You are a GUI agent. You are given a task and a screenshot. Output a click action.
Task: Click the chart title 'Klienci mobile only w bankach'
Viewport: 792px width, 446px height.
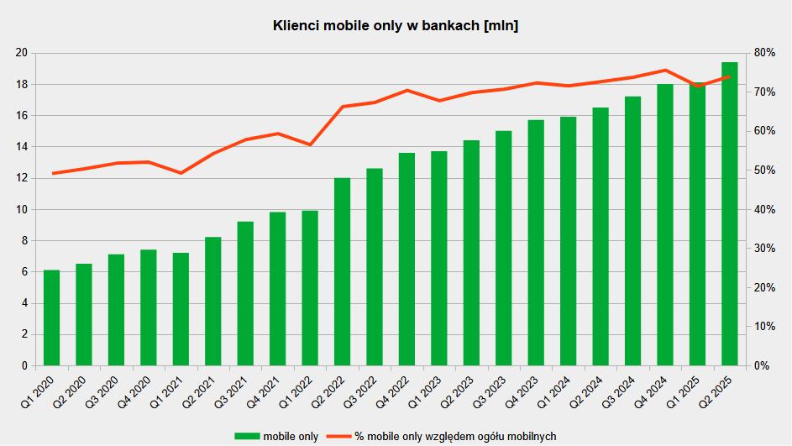tap(396, 26)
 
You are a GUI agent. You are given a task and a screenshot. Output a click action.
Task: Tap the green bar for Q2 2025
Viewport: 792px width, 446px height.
tap(730, 214)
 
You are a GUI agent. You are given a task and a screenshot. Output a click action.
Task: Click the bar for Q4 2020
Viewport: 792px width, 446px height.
tap(149, 307)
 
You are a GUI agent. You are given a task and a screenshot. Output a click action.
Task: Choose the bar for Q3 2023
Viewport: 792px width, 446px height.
tap(504, 248)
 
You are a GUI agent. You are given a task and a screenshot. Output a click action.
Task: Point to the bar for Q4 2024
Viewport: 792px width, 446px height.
tap(665, 224)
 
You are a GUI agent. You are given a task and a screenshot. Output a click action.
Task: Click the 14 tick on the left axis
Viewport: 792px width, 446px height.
tap(22, 147)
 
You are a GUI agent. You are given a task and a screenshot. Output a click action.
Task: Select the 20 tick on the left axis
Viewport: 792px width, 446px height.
tap(22, 53)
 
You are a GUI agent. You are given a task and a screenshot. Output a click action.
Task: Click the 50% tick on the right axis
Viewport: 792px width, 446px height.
tap(764, 171)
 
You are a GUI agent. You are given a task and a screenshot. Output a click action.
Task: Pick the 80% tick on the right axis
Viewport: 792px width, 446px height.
tap(764, 53)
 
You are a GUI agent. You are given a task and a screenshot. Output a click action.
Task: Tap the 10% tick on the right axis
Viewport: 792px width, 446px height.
tap(764, 327)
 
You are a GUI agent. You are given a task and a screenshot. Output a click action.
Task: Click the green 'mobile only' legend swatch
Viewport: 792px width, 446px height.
tap(247, 436)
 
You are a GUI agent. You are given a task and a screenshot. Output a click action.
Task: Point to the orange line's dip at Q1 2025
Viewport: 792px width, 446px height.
tap(697, 87)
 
